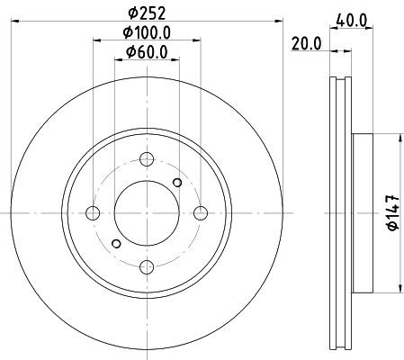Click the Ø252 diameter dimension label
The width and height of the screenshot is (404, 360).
pos(147,13)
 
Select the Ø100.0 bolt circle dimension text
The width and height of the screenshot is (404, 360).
pos(147,32)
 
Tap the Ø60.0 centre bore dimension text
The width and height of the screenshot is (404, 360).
pos(147,52)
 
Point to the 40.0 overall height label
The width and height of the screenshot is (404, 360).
pos(352,21)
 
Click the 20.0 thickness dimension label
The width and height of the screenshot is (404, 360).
pos(306,44)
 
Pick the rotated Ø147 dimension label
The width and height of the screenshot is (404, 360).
pos(393,212)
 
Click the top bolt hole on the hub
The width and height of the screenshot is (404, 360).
pos(147,159)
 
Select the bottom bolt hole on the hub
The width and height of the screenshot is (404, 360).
pos(147,267)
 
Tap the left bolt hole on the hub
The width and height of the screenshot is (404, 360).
pos(93,213)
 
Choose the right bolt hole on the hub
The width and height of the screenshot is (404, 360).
pos(201,213)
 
